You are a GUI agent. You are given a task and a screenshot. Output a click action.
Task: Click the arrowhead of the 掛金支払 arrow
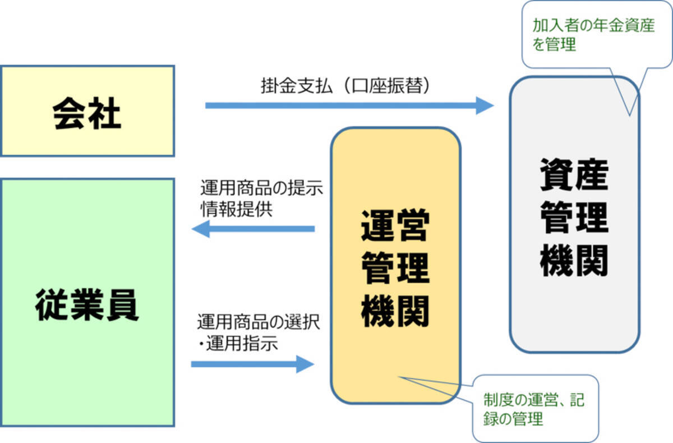coord(485,105)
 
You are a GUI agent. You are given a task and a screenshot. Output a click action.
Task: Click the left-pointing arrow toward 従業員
coord(252,229)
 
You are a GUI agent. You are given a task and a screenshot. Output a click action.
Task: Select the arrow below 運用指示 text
coord(252,364)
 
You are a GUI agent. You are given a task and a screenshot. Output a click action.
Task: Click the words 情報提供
coord(236,209)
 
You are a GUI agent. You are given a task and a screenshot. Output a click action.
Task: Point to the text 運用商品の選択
coord(259,323)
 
